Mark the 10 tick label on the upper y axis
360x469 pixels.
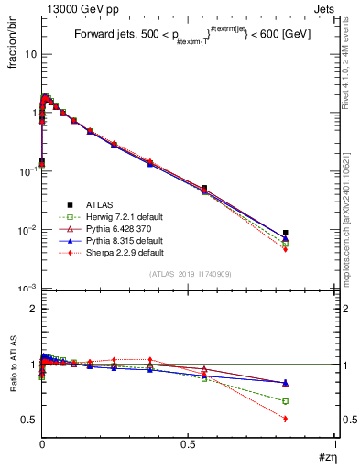coord(28,53)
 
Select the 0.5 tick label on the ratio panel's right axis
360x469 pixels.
coord(352,420)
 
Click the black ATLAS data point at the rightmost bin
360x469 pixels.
coord(286,233)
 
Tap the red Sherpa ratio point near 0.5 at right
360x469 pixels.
coord(286,419)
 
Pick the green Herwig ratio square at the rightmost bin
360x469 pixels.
coord(286,401)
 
